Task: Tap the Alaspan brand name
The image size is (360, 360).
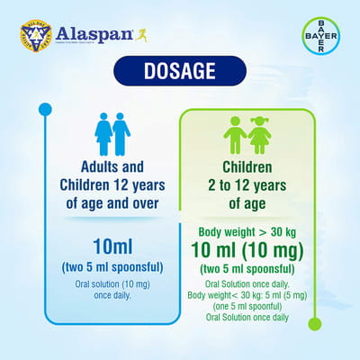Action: tap(85, 35)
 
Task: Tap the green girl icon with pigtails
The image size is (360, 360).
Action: tap(259, 135)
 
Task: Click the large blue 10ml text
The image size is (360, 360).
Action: tap(112, 246)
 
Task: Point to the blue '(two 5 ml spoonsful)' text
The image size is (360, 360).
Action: tap(112, 266)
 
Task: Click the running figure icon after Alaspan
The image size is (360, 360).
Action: tap(140, 35)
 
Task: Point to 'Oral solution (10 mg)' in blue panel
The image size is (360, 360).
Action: tap(112, 284)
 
